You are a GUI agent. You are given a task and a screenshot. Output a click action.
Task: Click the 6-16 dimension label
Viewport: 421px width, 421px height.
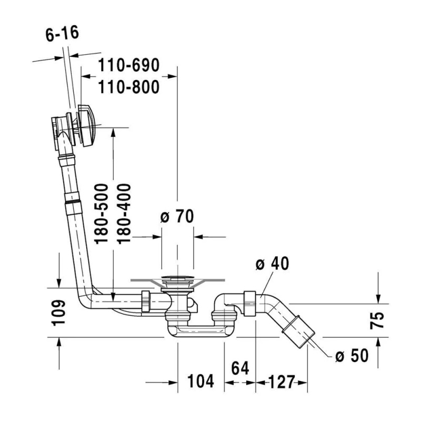click(x=62, y=34)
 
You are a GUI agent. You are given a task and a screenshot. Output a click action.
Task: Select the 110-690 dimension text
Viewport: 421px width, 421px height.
click(x=128, y=65)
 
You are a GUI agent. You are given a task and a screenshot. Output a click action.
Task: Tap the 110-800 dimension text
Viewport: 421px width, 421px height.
click(x=128, y=87)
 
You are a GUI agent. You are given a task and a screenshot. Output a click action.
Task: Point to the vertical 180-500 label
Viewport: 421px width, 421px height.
click(x=102, y=214)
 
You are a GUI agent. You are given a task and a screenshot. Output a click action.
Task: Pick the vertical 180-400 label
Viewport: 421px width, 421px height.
click(x=124, y=214)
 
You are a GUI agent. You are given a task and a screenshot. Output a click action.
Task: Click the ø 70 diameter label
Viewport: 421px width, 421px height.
click(x=177, y=216)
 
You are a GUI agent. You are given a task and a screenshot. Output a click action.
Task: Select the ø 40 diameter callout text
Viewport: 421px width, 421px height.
click(x=272, y=264)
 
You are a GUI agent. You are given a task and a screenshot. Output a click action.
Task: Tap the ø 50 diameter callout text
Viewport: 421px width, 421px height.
click(x=352, y=356)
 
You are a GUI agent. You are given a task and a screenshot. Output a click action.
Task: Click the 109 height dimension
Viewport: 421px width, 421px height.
click(x=58, y=313)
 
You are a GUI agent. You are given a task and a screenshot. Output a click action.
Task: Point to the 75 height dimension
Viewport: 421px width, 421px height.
click(x=377, y=320)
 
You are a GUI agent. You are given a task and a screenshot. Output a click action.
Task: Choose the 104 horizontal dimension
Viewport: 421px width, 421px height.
click(x=201, y=381)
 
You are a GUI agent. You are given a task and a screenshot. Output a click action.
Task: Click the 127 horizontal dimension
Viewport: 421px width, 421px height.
click(x=282, y=382)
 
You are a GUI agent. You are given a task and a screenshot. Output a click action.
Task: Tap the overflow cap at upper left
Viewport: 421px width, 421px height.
click(x=86, y=126)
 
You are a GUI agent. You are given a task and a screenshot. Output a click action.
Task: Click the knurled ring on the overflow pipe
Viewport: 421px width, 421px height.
click(x=73, y=202)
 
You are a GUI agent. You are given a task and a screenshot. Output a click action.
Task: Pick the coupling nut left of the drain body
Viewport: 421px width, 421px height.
click(x=146, y=301)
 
